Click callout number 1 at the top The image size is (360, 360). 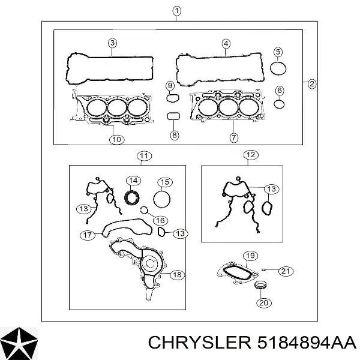176,11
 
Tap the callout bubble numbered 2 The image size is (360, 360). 311,84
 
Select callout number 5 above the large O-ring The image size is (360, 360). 278,52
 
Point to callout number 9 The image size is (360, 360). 170,86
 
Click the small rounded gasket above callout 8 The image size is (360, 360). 173,116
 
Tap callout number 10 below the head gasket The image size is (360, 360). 116,139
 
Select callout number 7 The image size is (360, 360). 233,137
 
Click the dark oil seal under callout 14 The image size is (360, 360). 132,197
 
